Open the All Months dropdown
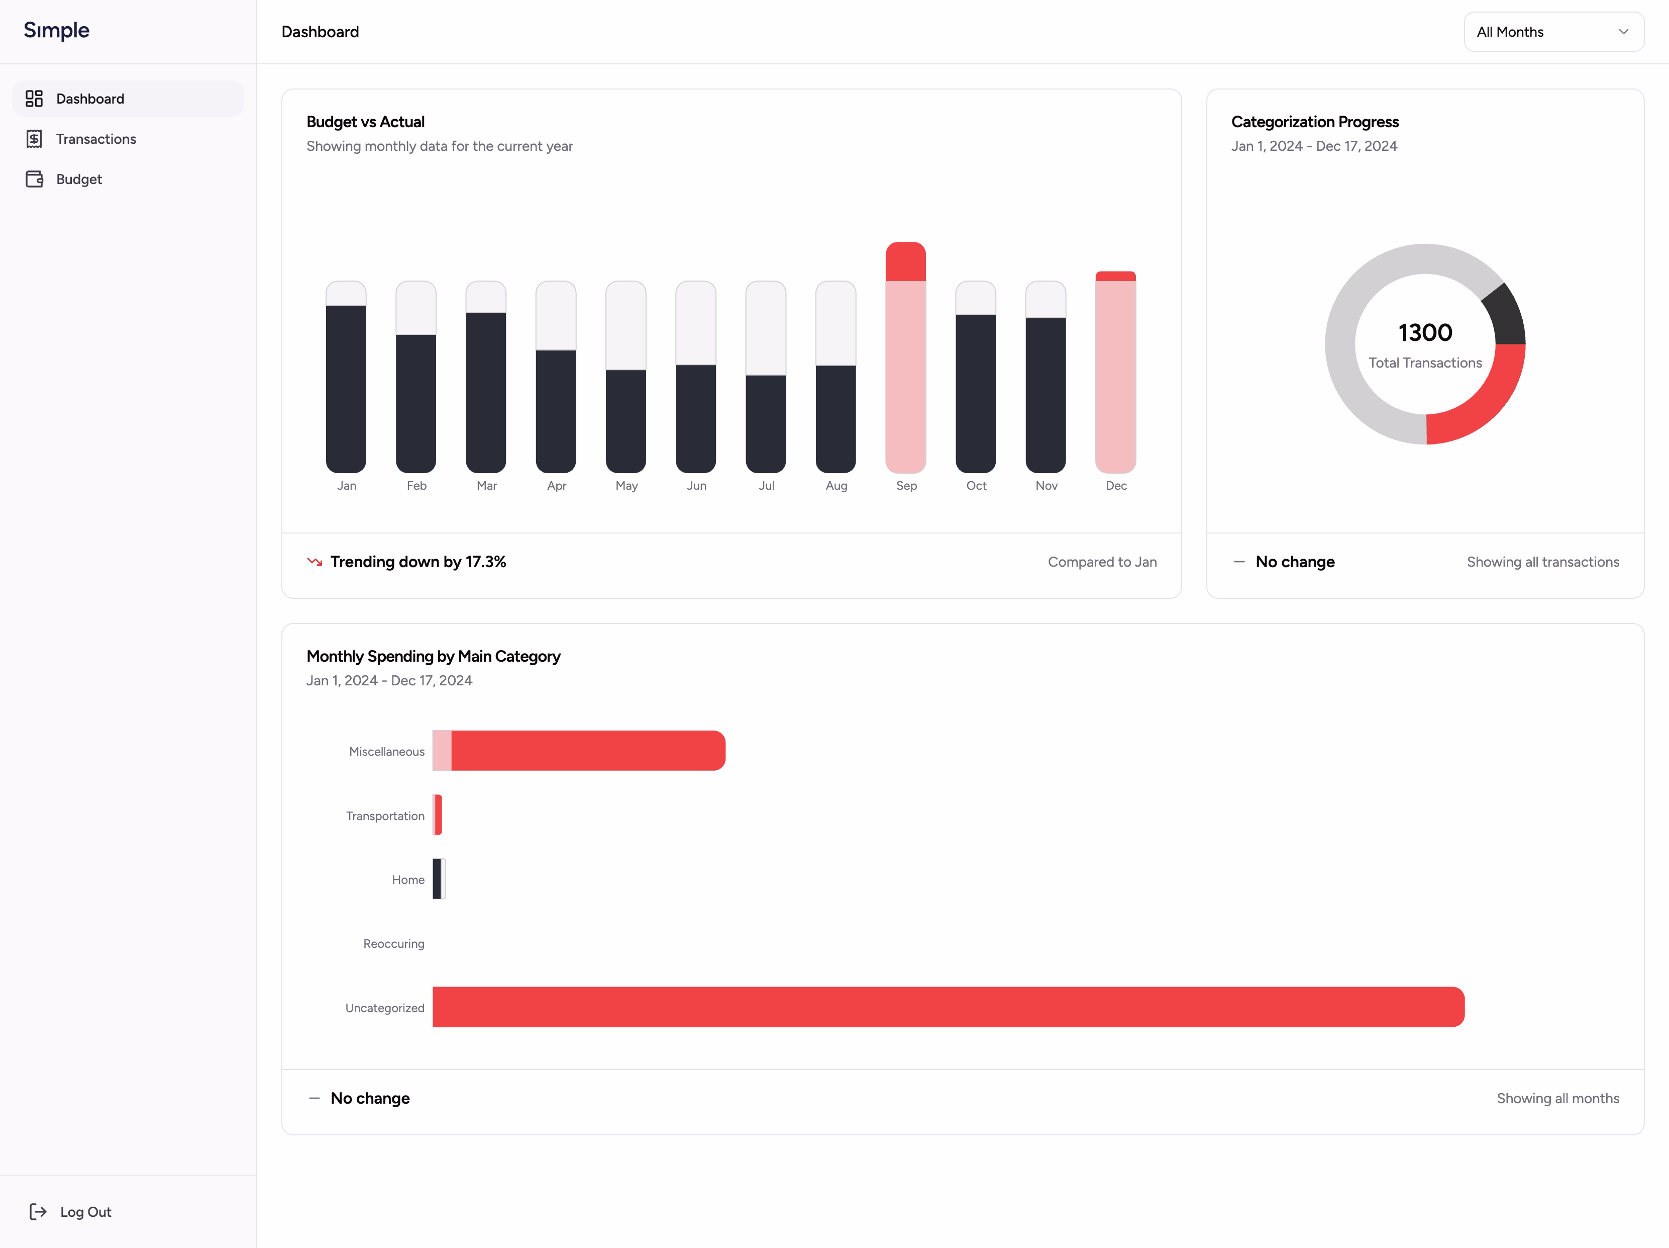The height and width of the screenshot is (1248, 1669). (1553, 32)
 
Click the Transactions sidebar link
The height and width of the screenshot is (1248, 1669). (96, 139)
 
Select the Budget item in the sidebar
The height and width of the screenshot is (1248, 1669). (78, 179)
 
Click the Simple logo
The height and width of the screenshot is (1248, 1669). (57, 30)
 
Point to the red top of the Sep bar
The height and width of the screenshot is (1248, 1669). (905, 262)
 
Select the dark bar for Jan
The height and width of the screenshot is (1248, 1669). (346, 388)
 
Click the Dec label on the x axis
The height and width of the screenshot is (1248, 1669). (1116, 485)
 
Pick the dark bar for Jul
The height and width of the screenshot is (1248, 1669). (766, 423)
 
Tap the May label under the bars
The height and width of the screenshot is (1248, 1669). (627, 485)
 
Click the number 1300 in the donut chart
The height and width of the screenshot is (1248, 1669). (1424, 332)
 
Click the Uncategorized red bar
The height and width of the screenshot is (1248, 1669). (948, 1007)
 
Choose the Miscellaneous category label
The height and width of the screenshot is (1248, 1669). (386, 751)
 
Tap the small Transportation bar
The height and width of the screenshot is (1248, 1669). (438, 815)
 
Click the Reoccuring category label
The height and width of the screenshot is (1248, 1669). (393, 944)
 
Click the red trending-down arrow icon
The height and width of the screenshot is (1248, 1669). (315, 562)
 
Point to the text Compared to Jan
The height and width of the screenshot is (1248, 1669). (1102, 562)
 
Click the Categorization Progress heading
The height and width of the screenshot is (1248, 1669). (1314, 122)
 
